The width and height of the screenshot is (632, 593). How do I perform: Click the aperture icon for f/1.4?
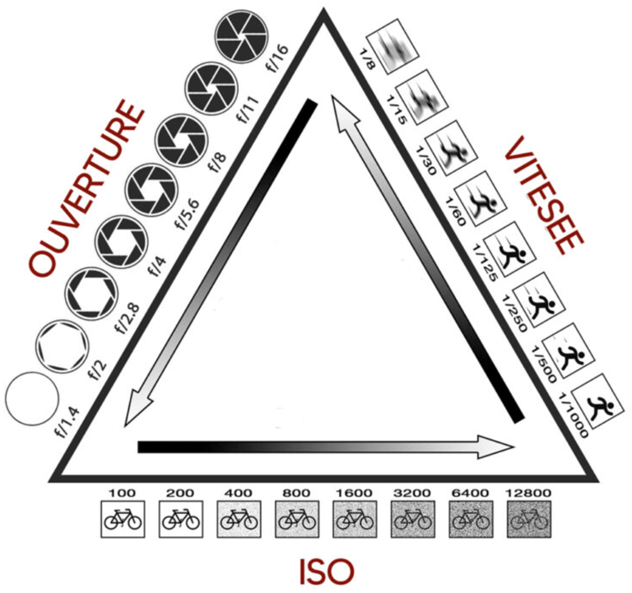pyautogui.click(x=30, y=400)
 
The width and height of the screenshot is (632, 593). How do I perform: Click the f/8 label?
pyautogui.click(x=217, y=158)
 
